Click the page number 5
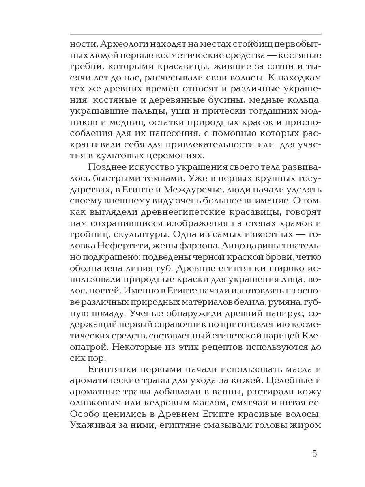(x=315, y=453)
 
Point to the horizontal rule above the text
(x=195, y=34)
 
